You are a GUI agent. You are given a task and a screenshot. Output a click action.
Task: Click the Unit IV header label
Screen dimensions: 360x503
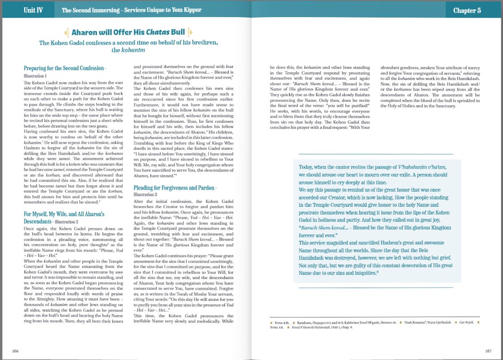coord(33,10)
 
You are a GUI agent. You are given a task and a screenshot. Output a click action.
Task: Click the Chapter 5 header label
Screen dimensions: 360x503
coord(467,10)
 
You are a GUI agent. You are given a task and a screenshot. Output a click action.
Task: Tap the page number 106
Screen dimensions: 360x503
coord(15,351)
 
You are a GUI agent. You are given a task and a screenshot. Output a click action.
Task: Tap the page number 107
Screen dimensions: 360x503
coord(488,351)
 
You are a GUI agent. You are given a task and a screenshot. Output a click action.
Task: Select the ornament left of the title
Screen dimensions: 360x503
coord(66,32)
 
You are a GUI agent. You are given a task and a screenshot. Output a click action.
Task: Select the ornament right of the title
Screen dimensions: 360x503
coord(190,32)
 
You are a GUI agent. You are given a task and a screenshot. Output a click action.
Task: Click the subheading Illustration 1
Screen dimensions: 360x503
coord(35,76)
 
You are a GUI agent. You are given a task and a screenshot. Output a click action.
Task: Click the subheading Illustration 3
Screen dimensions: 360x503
coord(145,194)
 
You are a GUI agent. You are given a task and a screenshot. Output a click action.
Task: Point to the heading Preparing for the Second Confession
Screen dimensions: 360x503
coord(64,68)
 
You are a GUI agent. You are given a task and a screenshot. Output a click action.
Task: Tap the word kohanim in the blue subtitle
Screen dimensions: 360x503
coord(134,50)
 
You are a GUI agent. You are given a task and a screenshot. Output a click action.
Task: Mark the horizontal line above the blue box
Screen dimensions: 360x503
coord(375,154)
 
